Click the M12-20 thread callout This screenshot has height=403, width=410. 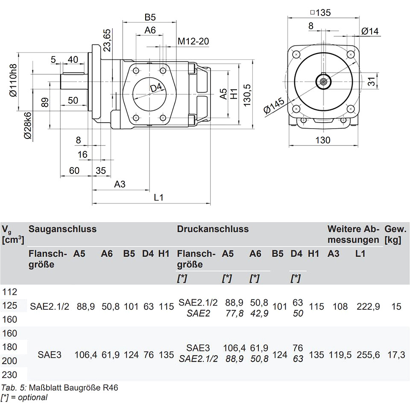click(193, 41)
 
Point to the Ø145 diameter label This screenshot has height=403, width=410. click(274, 106)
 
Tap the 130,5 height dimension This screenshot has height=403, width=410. click(247, 95)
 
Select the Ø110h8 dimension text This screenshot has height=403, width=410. click(13, 80)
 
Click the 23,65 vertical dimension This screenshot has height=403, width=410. click(107, 40)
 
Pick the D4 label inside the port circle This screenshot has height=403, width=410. click(156, 88)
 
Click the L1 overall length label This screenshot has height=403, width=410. click(159, 197)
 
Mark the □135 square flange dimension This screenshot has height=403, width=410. click(320, 12)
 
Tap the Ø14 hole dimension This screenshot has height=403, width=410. click(370, 31)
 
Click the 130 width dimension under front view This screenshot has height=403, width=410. click(323, 140)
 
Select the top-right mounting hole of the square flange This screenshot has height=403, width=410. click(350, 55)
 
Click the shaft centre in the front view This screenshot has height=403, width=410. click(323, 82)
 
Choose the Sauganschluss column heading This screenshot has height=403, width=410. click(62, 229)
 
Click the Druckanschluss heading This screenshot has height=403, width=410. click(213, 229)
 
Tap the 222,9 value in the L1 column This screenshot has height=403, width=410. click(368, 306)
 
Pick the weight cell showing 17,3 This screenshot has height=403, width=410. click(396, 355)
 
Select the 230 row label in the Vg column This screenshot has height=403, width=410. click(9, 375)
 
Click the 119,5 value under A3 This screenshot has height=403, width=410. click(340, 355)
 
